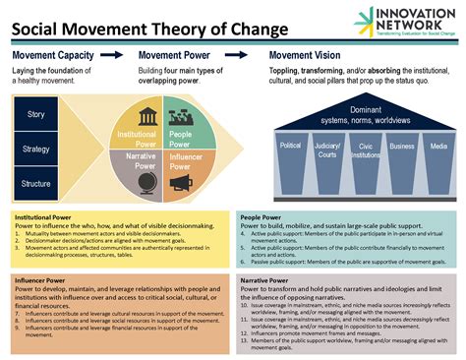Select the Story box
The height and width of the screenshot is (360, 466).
click(x=36, y=114)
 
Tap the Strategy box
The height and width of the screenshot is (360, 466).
click(x=36, y=149)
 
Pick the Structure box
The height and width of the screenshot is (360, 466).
click(x=36, y=183)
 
